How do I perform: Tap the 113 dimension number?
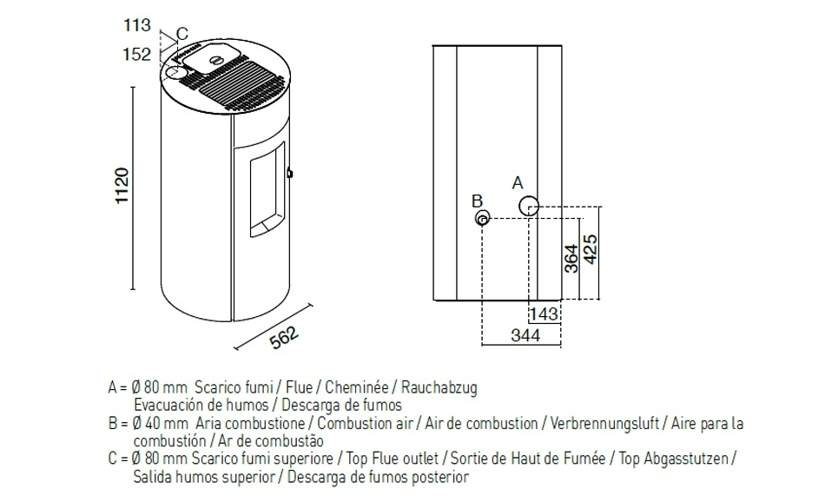(x=136, y=26)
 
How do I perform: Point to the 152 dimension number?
(x=136, y=55)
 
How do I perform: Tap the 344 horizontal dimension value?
(x=525, y=335)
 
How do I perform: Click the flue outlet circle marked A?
(x=529, y=206)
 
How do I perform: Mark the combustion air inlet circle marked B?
(x=483, y=218)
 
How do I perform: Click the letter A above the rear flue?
(x=518, y=183)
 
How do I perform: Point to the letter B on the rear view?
(x=477, y=201)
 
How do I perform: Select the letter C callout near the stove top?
(x=181, y=35)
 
